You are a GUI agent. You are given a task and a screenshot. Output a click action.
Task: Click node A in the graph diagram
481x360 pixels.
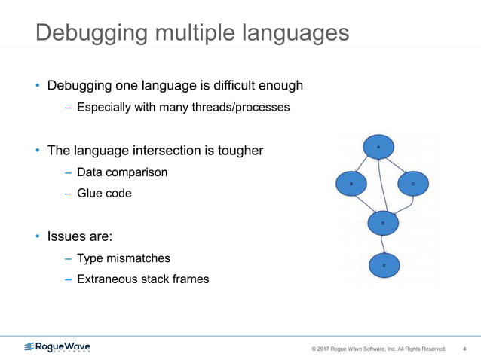point(378,148)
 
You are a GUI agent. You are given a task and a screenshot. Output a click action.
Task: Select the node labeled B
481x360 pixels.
point(351,183)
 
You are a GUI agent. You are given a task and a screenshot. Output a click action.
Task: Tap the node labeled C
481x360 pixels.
point(412,183)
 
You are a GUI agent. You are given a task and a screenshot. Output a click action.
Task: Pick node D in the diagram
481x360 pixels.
point(383,223)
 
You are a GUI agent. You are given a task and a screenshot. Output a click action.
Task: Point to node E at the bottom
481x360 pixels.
point(384,266)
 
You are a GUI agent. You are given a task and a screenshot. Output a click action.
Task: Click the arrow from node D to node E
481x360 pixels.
point(384,244)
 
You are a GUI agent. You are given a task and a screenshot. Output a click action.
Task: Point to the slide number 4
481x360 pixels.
point(464,349)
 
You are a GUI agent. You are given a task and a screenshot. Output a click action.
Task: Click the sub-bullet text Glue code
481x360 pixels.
point(104,194)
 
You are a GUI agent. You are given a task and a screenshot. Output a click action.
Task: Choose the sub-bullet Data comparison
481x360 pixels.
point(122,172)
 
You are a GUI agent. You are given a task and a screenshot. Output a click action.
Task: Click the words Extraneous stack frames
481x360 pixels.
point(142,279)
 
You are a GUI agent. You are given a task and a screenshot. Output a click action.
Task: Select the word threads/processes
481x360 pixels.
point(241,108)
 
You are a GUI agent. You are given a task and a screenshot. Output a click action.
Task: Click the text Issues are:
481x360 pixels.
point(80,236)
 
